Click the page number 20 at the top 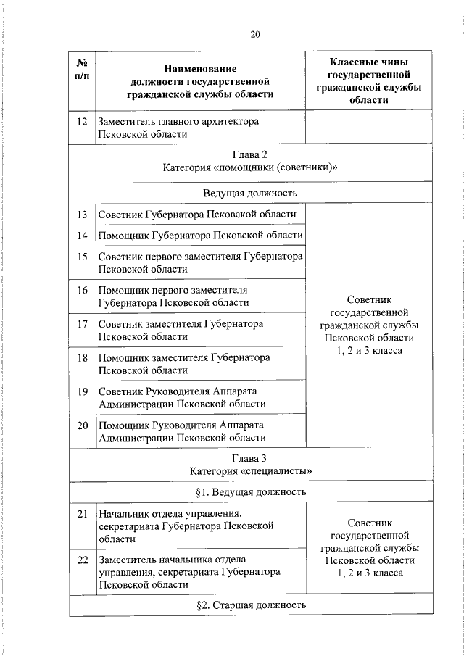[255, 34]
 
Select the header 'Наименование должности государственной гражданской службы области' [200, 81]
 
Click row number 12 [82, 122]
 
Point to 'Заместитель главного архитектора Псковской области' [178, 128]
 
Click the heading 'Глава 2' [250, 155]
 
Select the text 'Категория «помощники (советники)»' [250, 167]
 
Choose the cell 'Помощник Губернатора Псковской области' [200, 236]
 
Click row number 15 [82, 257]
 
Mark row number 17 [82, 323]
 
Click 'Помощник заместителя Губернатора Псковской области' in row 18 [184, 364]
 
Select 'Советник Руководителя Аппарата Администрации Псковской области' [182, 397]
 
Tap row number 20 [82, 425]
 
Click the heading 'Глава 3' [250, 458]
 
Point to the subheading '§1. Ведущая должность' [250, 492]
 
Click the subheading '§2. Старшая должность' [250, 605]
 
